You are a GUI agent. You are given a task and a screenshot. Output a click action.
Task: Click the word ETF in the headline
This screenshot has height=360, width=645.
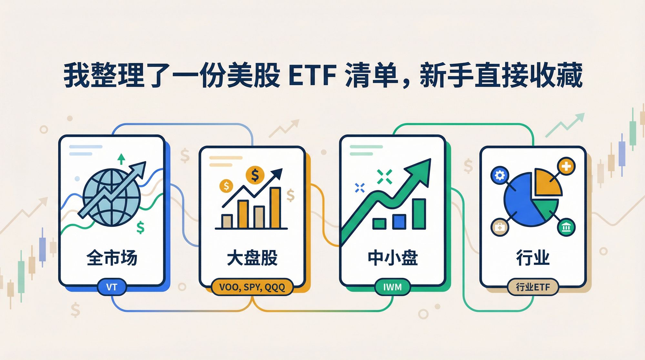(x=312, y=76)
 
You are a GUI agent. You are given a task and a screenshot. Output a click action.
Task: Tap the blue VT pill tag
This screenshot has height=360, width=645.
(x=112, y=287)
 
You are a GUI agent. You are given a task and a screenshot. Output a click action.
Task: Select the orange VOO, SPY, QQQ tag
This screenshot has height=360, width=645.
(x=252, y=287)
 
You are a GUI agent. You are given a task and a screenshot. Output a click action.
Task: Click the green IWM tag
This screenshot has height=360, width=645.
(x=392, y=287)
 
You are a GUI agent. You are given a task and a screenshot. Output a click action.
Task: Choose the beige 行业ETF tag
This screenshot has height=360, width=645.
(x=533, y=287)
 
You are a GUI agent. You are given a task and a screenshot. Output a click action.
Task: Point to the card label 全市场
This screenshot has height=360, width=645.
(x=112, y=258)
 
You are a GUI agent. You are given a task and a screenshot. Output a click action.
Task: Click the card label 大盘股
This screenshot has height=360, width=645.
(x=252, y=258)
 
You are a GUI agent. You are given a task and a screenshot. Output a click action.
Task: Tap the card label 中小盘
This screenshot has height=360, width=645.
(x=392, y=258)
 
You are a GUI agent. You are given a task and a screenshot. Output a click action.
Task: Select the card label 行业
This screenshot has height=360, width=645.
(x=533, y=258)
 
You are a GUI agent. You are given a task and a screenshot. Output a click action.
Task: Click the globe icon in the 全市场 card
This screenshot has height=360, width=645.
(x=112, y=197)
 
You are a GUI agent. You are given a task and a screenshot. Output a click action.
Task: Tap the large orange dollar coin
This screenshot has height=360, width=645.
(x=255, y=175)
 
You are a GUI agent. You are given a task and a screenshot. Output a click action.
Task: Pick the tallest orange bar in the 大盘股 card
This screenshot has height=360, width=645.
(x=275, y=208)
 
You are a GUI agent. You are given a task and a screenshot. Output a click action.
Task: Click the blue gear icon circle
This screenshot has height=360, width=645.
(x=499, y=175)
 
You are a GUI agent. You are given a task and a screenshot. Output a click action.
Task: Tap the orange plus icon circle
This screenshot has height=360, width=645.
(x=566, y=166)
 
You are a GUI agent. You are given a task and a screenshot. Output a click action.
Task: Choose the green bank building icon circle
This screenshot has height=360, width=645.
(x=566, y=228)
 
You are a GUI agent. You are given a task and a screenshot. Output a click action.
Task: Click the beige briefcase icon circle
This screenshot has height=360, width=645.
(x=499, y=227)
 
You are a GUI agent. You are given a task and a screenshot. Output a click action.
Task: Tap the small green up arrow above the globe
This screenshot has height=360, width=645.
(x=121, y=159)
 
